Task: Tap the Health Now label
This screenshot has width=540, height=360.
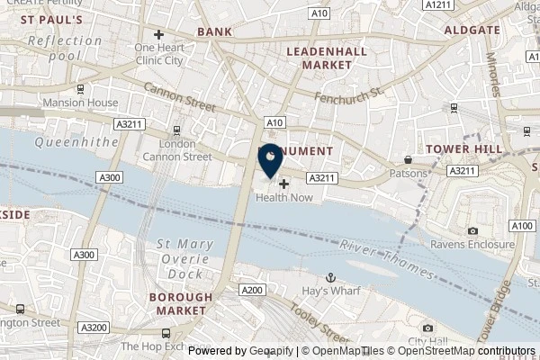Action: click(283, 198)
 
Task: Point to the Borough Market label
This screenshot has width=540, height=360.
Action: click(181, 303)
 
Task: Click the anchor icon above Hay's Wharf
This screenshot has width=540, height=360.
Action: click(330, 278)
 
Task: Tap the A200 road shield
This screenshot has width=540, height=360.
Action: click(252, 290)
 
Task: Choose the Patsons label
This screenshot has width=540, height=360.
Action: click(408, 173)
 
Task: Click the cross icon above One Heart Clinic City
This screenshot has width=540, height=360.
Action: click(158, 35)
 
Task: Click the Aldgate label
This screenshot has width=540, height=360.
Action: click(472, 30)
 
